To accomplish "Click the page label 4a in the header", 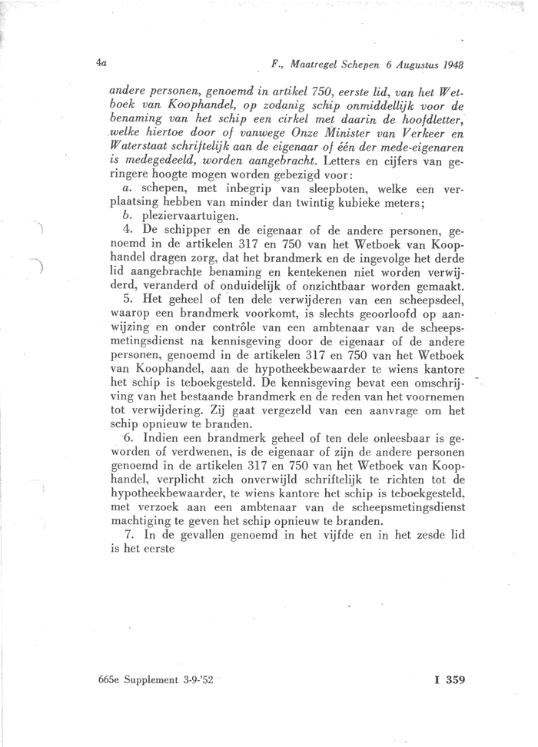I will tap(101, 65).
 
